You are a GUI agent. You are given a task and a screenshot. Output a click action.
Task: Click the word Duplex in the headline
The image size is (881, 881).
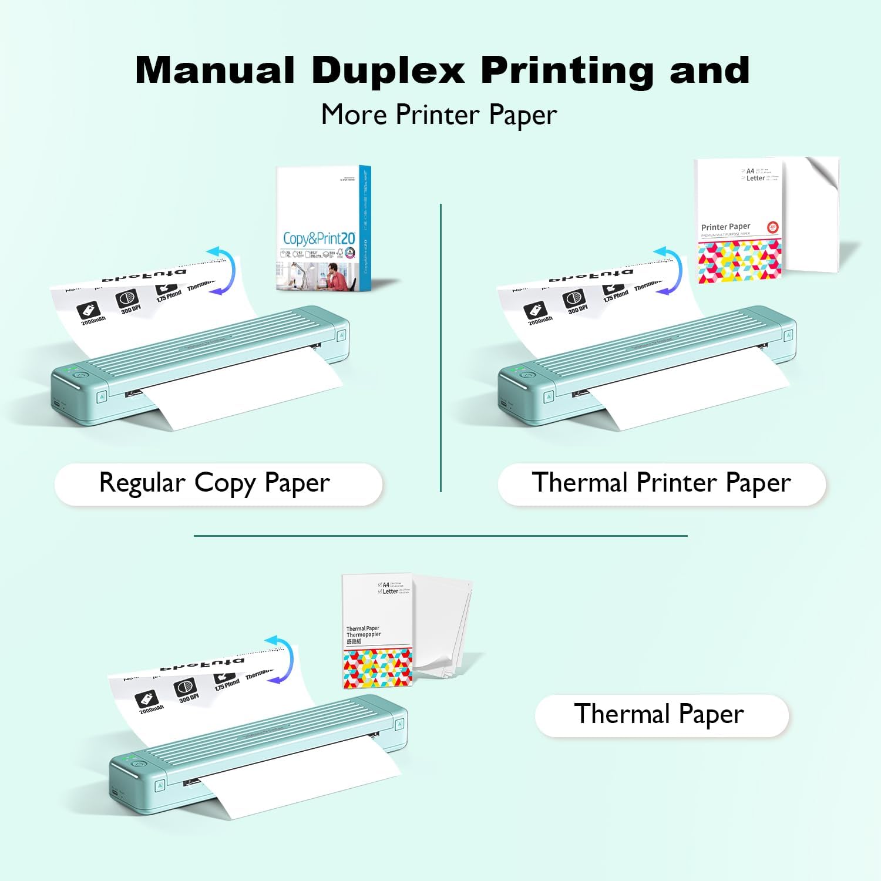[389, 70]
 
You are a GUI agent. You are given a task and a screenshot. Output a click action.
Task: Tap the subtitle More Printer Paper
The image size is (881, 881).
[439, 115]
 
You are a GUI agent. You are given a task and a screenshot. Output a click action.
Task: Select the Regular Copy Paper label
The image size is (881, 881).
[215, 483]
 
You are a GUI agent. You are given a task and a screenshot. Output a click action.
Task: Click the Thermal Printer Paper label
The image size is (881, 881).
[661, 483]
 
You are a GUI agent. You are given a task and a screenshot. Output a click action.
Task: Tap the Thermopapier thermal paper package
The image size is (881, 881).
[378, 631]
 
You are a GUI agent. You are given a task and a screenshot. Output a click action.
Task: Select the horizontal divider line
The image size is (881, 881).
[441, 536]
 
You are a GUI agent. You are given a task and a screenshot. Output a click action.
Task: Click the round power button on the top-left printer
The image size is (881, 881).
[80, 375]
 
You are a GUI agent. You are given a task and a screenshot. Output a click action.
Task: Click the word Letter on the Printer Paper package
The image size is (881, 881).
[755, 178]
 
